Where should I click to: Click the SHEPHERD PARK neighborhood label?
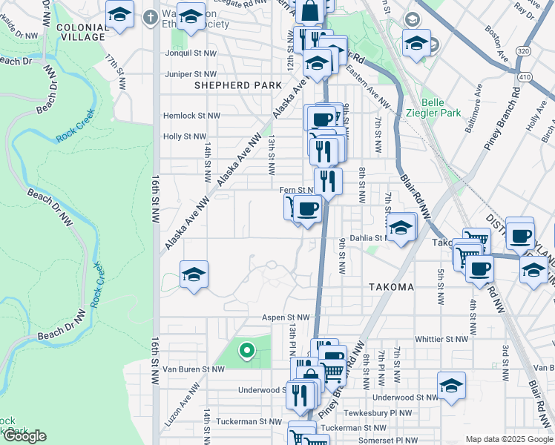point(229,86)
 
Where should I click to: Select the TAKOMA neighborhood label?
point(390,287)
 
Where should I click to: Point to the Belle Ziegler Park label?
point(441,108)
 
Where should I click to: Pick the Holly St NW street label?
point(184,136)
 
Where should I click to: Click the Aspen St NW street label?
point(285,317)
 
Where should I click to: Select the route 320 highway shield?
point(523,51)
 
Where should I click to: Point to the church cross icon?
point(151,16)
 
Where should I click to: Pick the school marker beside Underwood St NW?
point(450,385)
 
